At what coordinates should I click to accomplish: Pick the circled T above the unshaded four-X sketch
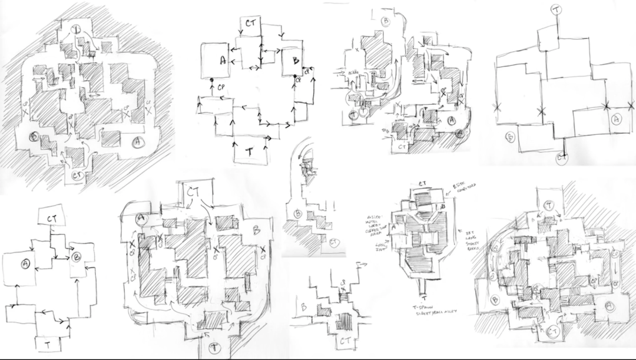557,9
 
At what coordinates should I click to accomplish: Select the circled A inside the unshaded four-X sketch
617,119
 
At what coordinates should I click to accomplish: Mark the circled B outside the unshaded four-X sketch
510,137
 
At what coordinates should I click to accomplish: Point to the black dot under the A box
211,79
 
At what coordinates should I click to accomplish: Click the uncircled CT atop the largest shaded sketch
194,192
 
